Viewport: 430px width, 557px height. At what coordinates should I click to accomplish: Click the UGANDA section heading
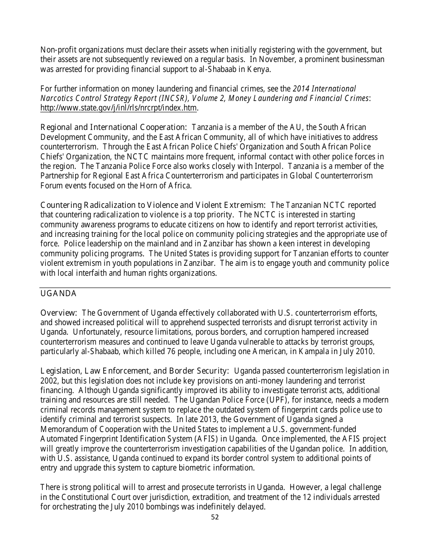point(58,293)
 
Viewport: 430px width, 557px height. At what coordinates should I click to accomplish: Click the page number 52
point(215,517)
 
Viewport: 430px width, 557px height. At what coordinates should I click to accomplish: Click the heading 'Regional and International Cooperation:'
point(114,127)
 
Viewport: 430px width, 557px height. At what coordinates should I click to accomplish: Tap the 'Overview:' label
point(59,312)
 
